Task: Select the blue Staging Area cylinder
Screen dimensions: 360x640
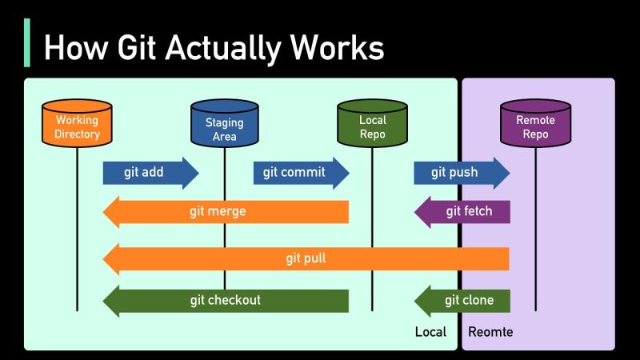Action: pos(225,126)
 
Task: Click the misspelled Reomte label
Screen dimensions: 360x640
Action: pos(490,331)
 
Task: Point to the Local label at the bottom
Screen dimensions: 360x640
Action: pos(430,331)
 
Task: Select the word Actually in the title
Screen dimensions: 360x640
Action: pos(222,47)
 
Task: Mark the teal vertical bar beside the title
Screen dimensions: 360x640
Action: pos(28,44)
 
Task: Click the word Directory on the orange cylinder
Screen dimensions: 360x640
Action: pos(77,134)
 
